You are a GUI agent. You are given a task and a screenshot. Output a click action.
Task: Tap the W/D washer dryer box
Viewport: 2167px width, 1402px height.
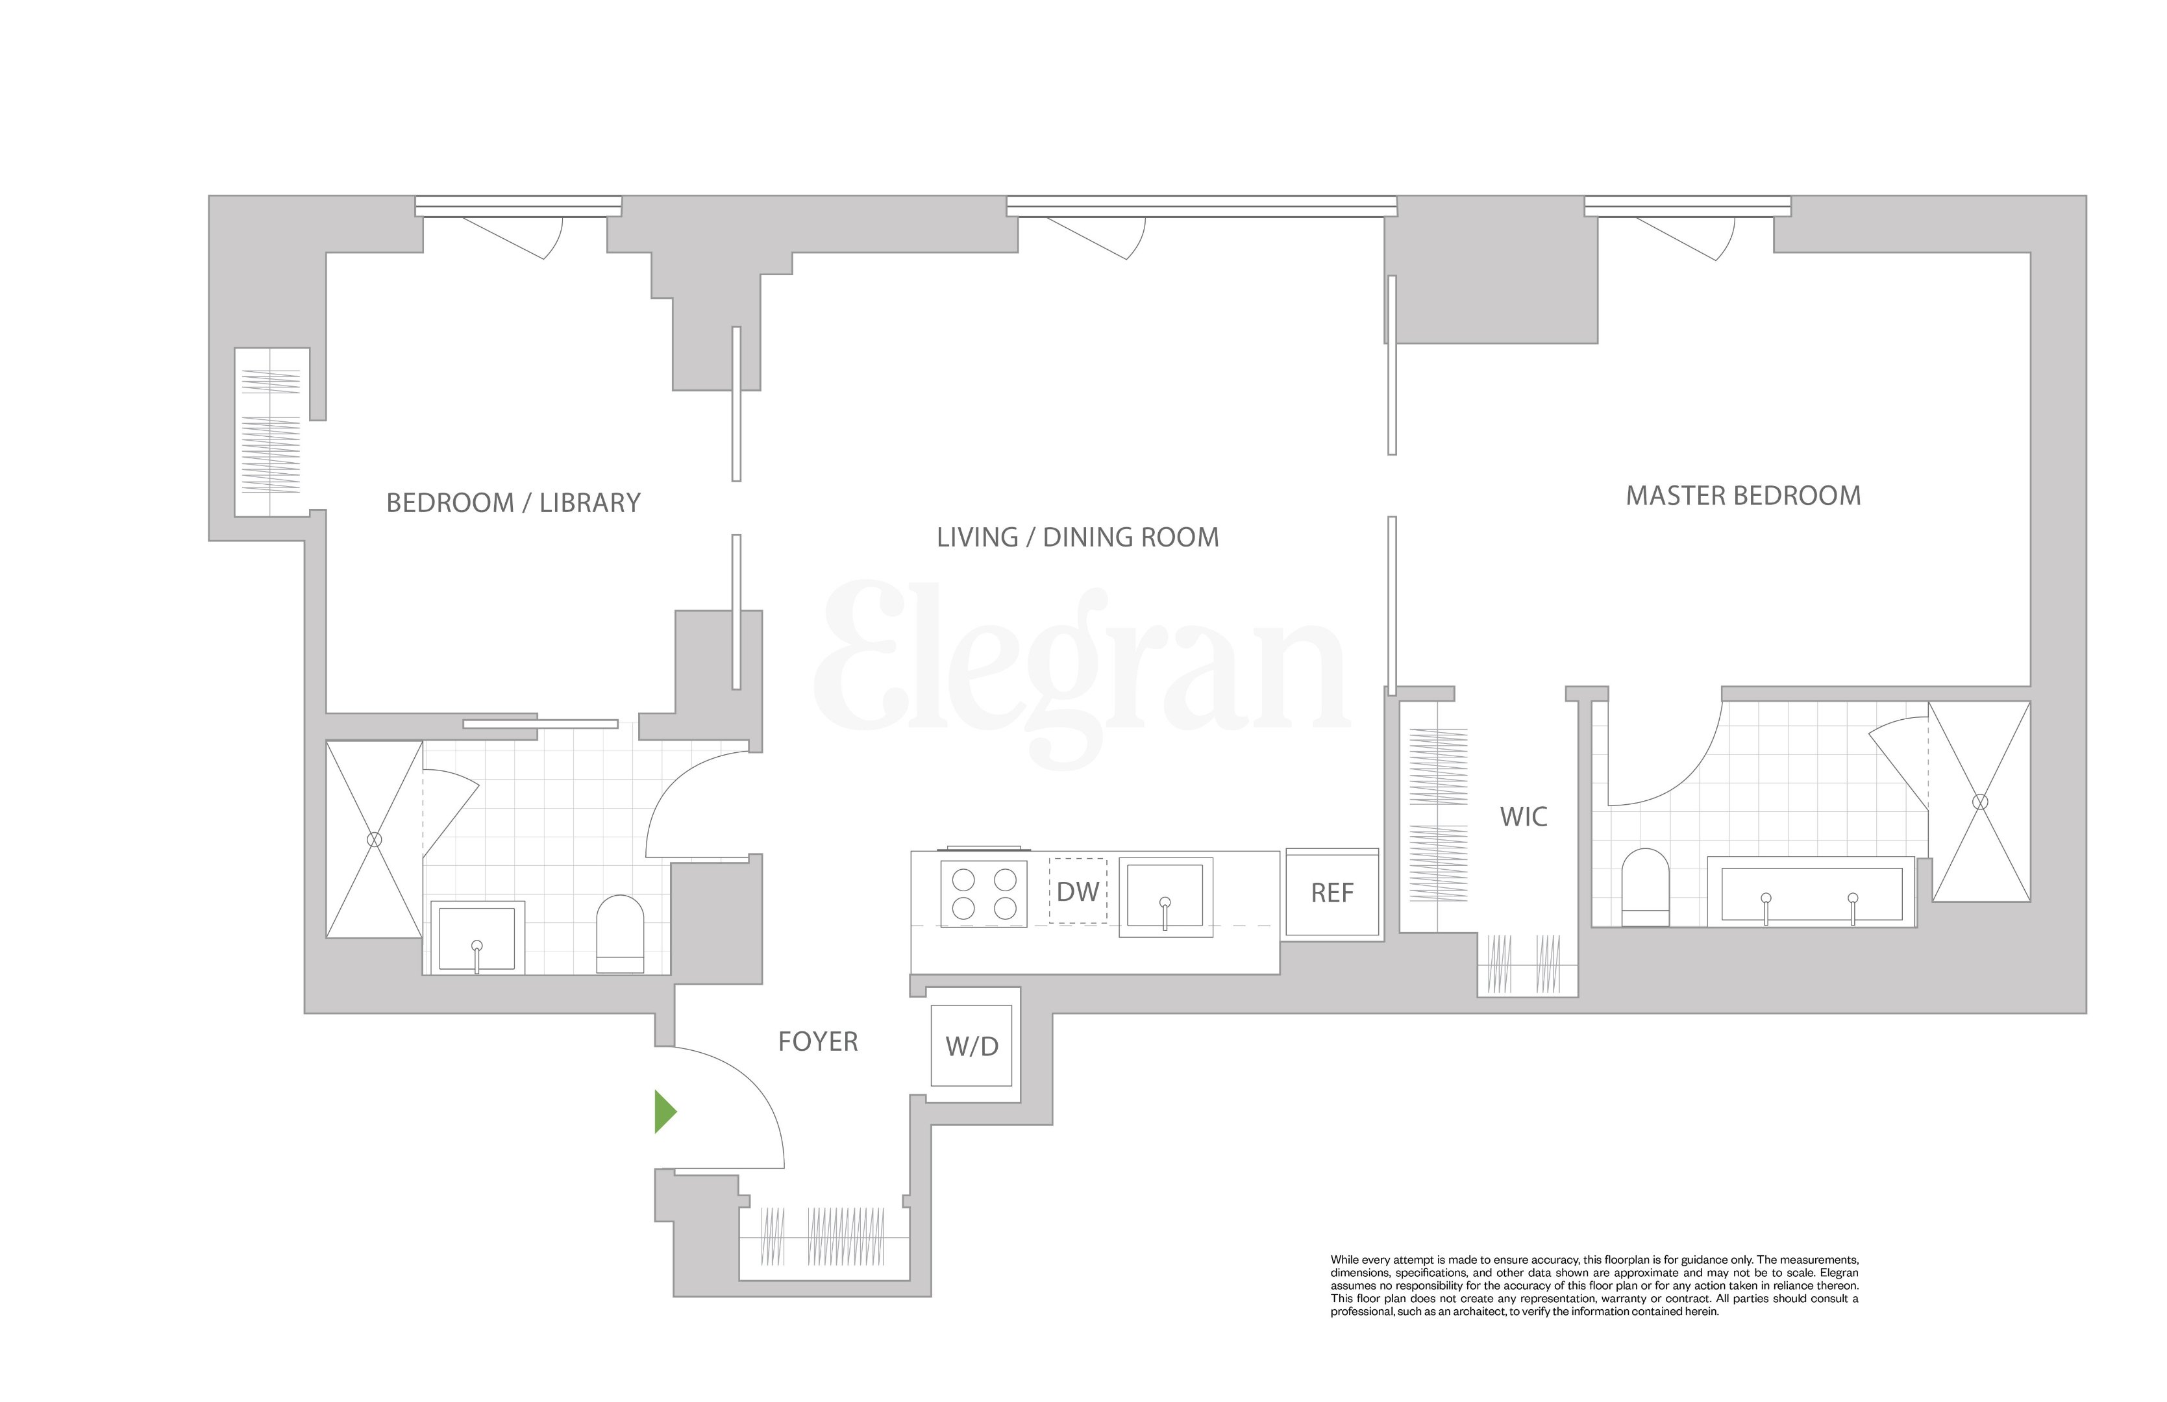tap(971, 1046)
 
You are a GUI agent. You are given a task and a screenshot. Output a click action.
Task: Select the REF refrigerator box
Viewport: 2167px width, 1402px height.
tap(1332, 893)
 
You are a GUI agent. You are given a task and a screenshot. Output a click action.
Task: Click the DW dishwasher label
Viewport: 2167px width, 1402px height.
tap(1078, 891)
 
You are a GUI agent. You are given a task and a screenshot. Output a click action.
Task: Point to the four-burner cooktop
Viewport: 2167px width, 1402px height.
tap(984, 894)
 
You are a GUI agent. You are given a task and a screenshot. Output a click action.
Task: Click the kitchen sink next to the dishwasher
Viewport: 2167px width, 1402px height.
tap(1165, 898)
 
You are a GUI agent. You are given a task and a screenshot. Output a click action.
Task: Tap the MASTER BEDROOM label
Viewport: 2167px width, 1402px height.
tap(1742, 496)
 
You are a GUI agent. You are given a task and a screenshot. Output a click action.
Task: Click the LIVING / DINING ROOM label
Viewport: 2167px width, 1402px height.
tap(1077, 537)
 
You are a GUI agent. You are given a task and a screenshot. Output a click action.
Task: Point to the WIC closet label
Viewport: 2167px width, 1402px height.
tap(1523, 817)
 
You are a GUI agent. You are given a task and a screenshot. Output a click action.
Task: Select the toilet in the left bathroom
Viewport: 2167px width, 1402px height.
tap(620, 933)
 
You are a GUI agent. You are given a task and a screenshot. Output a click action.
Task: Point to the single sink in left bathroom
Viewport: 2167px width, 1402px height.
tap(477, 939)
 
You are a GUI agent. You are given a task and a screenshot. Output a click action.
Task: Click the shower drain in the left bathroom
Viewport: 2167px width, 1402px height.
tap(374, 839)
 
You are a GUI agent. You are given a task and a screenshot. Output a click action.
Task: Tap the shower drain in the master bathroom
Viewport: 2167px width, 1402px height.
tap(1979, 802)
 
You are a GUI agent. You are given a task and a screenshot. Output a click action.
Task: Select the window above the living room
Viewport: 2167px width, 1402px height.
tap(1201, 206)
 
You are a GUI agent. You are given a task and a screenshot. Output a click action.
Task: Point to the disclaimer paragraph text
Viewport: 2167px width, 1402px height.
tap(1593, 1285)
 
